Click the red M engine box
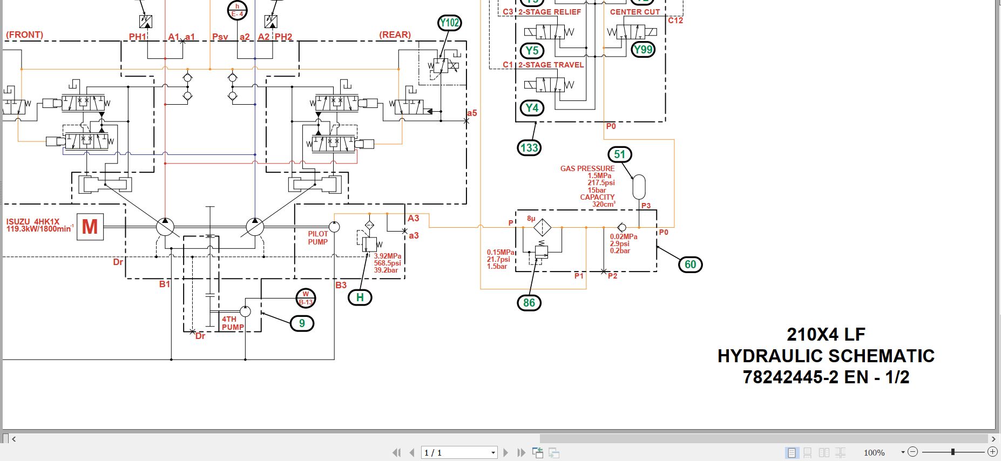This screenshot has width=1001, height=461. [90, 227]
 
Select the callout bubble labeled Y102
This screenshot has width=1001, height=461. [449, 23]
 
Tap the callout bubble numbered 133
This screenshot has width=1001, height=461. [529, 148]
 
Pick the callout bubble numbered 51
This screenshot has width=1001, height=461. [619, 154]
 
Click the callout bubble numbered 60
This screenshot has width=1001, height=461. [690, 265]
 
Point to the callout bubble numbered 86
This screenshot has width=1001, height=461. [529, 303]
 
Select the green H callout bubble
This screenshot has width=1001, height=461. [360, 297]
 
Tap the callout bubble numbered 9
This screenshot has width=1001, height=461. [302, 323]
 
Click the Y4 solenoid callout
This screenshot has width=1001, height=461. [532, 108]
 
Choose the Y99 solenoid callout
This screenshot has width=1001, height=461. [642, 50]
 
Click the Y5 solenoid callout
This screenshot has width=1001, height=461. [532, 51]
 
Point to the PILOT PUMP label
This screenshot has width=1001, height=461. [317, 238]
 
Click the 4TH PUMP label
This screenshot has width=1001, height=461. [232, 323]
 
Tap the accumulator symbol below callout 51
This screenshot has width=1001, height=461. [639, 187]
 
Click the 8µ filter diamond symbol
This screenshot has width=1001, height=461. [542, 227]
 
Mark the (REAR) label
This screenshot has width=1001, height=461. [395, 35]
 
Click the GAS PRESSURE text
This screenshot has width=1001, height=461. [587, 168]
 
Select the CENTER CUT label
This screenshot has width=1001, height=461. [634, 12]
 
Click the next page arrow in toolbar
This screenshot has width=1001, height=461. [505, 452]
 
